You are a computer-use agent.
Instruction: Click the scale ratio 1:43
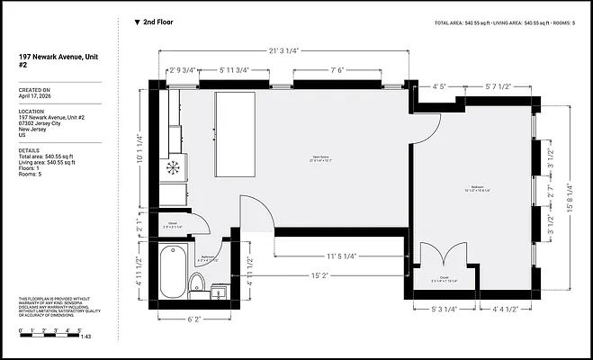[x=85, y=336]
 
